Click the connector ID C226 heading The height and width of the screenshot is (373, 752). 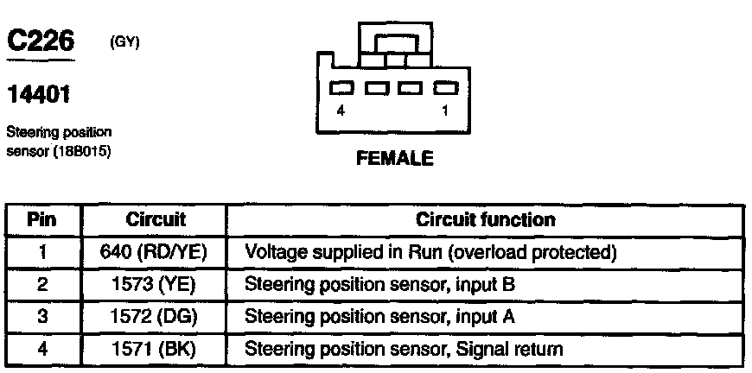click(40, 40)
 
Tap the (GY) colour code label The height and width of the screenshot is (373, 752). click(125, 41)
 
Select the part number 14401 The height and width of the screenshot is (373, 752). click(38, 92)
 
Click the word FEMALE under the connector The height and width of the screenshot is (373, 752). click(394, 159)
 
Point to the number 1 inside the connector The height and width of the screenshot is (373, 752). click(445, 111)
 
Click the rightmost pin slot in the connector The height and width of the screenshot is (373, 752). click(444, 88)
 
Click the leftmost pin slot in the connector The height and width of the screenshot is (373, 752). click(343, 88)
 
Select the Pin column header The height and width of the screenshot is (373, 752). click(42, 219)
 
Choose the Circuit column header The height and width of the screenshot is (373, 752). click(156, 219)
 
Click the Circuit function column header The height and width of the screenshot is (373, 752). click(486, 219)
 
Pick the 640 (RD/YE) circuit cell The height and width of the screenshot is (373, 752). click(156, 252)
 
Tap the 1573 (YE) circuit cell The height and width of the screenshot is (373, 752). click(156, 284)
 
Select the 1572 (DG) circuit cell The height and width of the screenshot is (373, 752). click(156, 317)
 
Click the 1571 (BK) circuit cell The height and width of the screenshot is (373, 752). click(156, 349)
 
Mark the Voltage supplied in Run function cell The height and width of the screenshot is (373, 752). click(430, 252)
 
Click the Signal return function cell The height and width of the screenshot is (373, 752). click(405, 349)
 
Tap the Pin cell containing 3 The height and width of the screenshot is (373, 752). click(42, 317)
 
